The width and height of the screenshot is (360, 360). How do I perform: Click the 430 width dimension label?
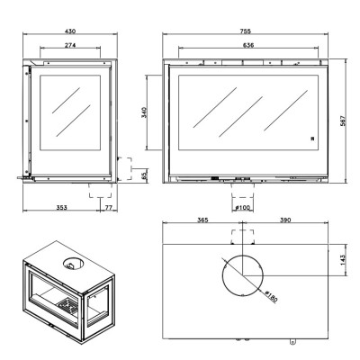pyautogui.click(x=70, y=31)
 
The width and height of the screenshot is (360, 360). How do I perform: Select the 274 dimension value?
pyautogui.click(x=70, y=45)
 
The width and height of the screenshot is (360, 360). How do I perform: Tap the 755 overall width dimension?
pyautogui.click(x=245, y=31)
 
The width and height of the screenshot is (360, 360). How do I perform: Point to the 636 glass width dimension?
pyautogui.click(x=248, y=45)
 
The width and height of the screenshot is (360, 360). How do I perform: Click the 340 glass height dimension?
pyautogui.click(x=144, y=112)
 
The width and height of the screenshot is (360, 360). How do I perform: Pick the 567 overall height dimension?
pyautogui.click(x=343, y=121)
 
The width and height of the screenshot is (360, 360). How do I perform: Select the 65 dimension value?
pyautogui.click(x=144, y=175)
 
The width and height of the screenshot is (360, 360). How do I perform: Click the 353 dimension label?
pyautogui.click(x=61, y=208)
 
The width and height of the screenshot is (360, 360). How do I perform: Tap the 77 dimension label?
pyautogui.click(x=108, y=208)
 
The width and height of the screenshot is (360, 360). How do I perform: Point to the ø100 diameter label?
pyautogui.click(x=242, y=208)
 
